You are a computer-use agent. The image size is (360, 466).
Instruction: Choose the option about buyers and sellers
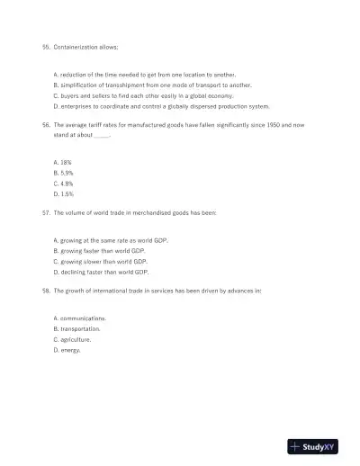(143, 94)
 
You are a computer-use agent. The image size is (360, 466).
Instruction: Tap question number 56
(46, 125)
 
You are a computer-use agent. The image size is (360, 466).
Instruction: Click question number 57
(46, 213)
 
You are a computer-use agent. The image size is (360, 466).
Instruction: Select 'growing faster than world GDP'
(99, 251)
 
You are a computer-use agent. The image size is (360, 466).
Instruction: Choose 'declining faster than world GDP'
(101, 272)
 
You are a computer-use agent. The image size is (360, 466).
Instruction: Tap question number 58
(46, 291)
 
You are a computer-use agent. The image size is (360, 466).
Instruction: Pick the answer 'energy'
(67, 350)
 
